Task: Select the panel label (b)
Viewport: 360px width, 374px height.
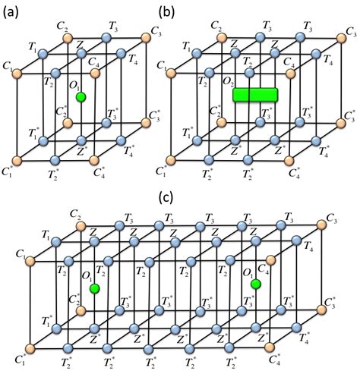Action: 169,11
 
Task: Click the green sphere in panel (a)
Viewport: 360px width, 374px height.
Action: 81,97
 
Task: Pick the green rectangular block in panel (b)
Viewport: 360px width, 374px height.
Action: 254,96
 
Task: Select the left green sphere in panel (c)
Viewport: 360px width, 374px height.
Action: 94,289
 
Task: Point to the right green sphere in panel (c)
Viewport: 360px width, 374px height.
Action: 257,284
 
